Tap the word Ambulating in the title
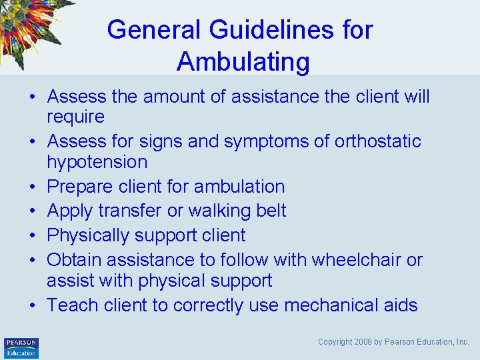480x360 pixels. [243, 62]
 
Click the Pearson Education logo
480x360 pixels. [21, 348]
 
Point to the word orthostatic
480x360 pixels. [378, 141]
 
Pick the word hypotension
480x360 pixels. [97, 162]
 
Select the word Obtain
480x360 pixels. [75, 259]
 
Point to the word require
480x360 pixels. [75, 117]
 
